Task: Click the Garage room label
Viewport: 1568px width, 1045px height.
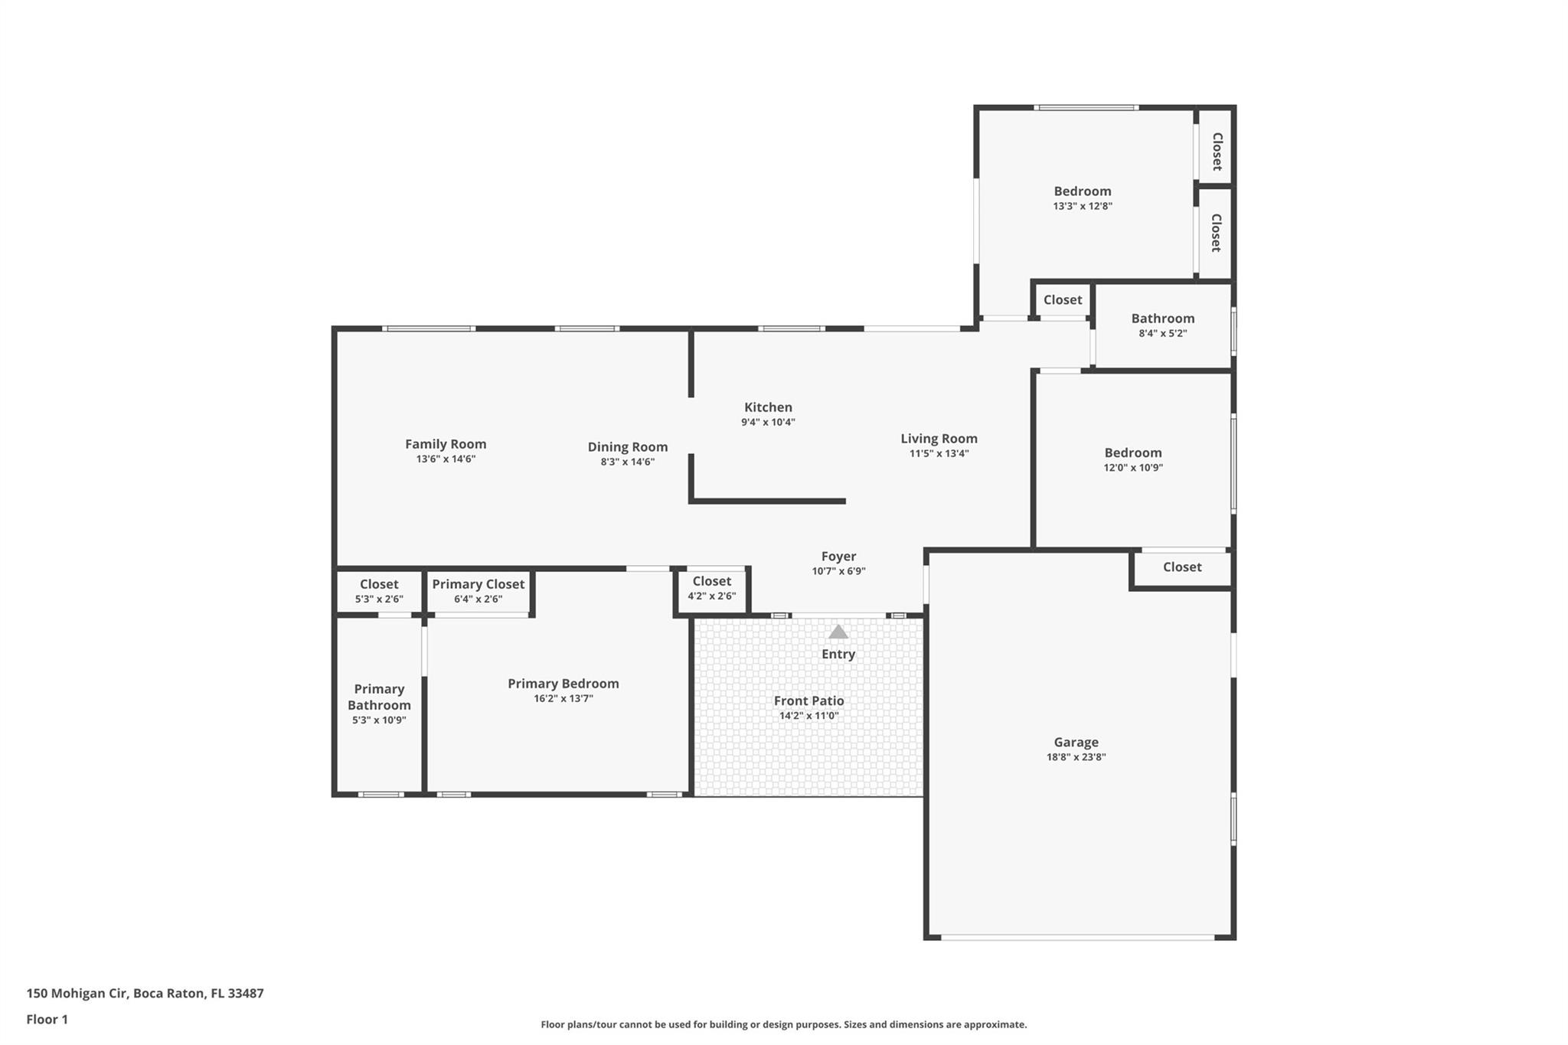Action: [1076, 742]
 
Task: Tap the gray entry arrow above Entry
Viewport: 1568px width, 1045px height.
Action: [838, 632]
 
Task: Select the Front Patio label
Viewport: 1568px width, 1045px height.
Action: [808, 700]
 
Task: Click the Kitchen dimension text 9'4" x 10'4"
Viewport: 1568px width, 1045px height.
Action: [768, 422]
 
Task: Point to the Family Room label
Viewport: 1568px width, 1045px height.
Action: [446, 444]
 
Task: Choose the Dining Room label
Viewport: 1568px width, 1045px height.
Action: [628, 447]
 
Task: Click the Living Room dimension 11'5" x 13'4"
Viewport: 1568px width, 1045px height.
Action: [939, 453]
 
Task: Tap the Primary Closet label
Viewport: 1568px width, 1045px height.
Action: [479, 584]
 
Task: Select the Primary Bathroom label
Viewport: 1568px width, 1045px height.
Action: [379, 697]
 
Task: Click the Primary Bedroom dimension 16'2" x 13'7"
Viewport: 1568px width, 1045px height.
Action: [563, 698]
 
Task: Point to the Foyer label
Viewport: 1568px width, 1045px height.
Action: [838, 557]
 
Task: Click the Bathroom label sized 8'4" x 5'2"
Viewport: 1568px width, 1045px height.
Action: [1163, 318]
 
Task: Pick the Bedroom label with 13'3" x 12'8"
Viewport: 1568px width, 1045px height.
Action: [1083, 191]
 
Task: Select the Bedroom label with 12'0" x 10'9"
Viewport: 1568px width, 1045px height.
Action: [1133, 453]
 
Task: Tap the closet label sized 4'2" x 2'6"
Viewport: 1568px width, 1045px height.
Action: [712, 582]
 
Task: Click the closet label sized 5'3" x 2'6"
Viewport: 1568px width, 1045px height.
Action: [379, 585]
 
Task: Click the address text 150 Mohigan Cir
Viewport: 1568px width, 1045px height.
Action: [77, 994]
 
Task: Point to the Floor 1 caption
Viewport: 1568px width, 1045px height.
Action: [47, 1020]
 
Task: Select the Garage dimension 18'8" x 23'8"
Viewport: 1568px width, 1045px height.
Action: [1076, 757]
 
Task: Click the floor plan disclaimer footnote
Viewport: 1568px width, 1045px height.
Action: [784, 1024]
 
